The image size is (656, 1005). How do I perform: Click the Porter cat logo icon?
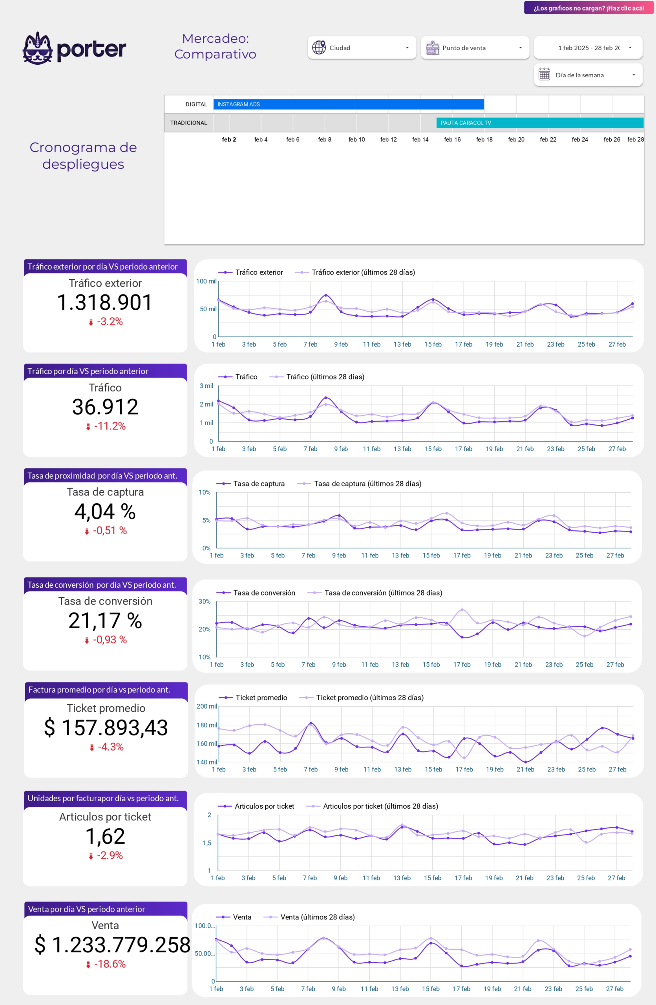(38, 48)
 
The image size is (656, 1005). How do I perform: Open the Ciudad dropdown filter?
(362, 48)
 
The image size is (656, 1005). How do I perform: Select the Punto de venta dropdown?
(475, 48)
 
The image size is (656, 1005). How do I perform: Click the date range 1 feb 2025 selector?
(588, 48)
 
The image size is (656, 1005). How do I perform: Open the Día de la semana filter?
(588, 75)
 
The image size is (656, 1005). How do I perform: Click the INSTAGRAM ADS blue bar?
(348, 104)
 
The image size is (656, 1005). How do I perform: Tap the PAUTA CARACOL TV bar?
(539, 123)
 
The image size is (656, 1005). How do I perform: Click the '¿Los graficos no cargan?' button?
(588, 8)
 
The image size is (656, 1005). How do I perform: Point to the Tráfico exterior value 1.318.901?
(105, 302)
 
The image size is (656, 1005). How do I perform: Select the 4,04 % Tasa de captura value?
(105, 512)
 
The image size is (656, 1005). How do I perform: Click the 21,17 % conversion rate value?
(105, 620)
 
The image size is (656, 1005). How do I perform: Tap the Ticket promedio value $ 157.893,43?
(106, 727)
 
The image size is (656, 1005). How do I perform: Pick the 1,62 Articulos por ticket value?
(105, 836)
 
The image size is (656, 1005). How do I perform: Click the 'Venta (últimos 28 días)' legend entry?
(317, 917)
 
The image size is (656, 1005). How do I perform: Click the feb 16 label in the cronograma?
(452, 140)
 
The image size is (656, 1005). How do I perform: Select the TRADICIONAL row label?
(189, 123)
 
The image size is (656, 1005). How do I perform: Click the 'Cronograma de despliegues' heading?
(83, 155)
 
